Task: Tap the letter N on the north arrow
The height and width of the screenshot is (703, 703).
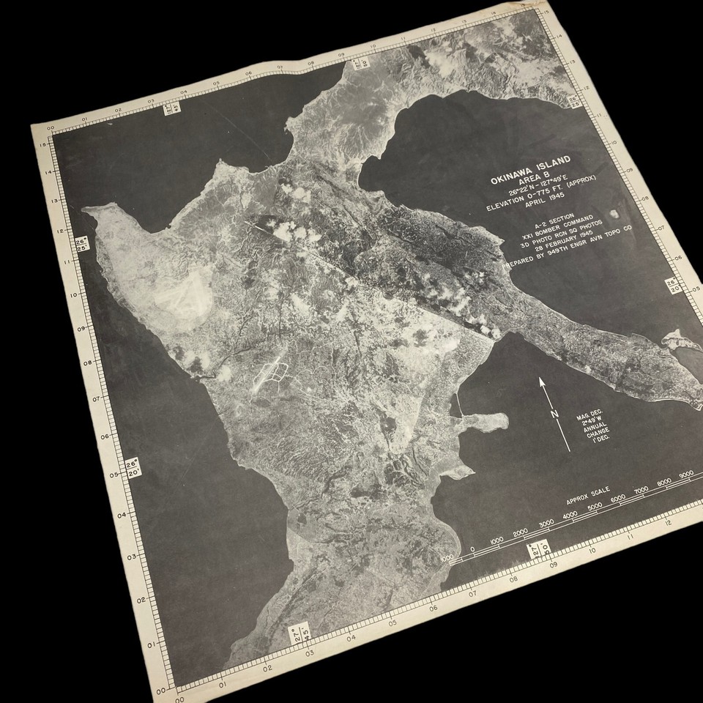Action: tap(555, 415)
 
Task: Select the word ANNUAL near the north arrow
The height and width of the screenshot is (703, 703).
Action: tap(594, 432)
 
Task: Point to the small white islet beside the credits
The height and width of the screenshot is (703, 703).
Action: tap(614, 215)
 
